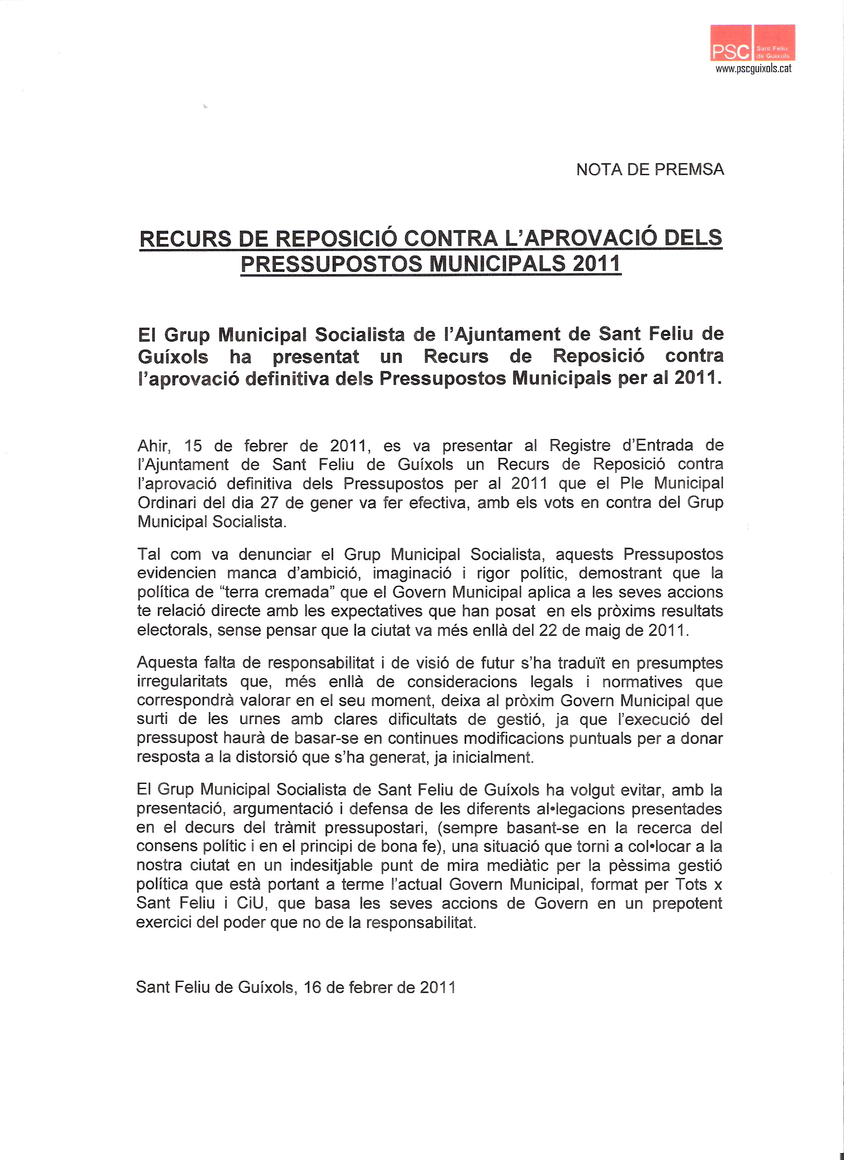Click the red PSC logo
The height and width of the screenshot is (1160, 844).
752,43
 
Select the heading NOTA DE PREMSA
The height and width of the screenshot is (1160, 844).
649,170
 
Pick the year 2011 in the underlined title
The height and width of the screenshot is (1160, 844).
596,264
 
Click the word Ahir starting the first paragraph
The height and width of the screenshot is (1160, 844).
153,446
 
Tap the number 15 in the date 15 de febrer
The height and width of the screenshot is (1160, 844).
193,446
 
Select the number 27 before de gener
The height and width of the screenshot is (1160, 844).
269,503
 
